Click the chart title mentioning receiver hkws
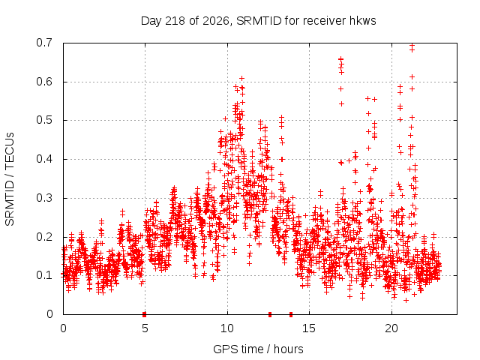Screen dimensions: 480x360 258,21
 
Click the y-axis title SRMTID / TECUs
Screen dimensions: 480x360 10,179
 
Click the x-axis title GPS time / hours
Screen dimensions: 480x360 258,349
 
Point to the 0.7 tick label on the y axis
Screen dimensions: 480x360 44,43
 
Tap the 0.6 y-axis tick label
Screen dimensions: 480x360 44,82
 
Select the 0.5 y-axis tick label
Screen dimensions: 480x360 44,120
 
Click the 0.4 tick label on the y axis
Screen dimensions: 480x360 44,159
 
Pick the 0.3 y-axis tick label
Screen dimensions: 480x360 44,198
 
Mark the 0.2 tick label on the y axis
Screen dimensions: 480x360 44,237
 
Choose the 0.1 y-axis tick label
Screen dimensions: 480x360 44,275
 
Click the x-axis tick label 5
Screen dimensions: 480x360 145,328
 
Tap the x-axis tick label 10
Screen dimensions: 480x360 227,328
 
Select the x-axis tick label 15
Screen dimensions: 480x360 309,328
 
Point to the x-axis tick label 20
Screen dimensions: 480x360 391,328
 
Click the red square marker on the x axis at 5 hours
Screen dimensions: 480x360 145,314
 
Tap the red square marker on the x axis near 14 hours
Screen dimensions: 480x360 291,314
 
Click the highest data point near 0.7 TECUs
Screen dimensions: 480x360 412,46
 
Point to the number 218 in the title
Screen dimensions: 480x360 175,21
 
